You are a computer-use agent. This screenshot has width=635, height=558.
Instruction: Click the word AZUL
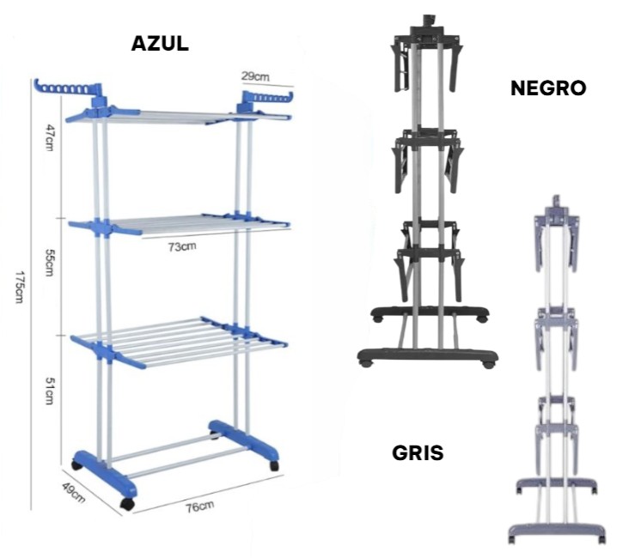click(x=160, y=44)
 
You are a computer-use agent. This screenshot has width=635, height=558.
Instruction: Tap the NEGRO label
click(x=548, y=88)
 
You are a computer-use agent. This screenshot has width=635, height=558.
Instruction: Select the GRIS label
click(x=418, y=452)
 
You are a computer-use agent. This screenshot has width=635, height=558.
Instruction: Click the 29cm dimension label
click(x=255, y=76)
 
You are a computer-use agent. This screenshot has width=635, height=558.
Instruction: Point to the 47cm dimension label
click(x=50, y=137)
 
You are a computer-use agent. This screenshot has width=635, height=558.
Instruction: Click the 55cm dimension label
click(x=50, y=262)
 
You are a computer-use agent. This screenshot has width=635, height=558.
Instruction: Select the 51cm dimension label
click(x=50, y=391)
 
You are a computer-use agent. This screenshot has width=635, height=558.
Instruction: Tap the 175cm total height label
click(x=20, y=288)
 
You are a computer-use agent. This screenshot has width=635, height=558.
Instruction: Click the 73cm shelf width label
click(x=183, y=246)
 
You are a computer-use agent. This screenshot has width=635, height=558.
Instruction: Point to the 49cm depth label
click(x=74, y=493)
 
